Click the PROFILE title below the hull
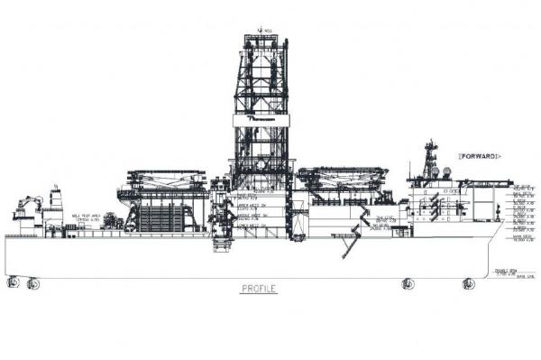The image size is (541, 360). (258, 290)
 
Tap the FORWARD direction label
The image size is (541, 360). (480, 156)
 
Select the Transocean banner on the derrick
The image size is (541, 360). (261, 118)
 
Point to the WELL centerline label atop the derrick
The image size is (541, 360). (262, 29)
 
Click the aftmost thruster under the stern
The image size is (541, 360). (14, 282)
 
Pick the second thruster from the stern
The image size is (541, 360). (33, 283)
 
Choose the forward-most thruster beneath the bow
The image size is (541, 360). (468, 283)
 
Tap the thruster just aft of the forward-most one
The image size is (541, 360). (407, 283)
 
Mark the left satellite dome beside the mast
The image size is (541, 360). (435, 172)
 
